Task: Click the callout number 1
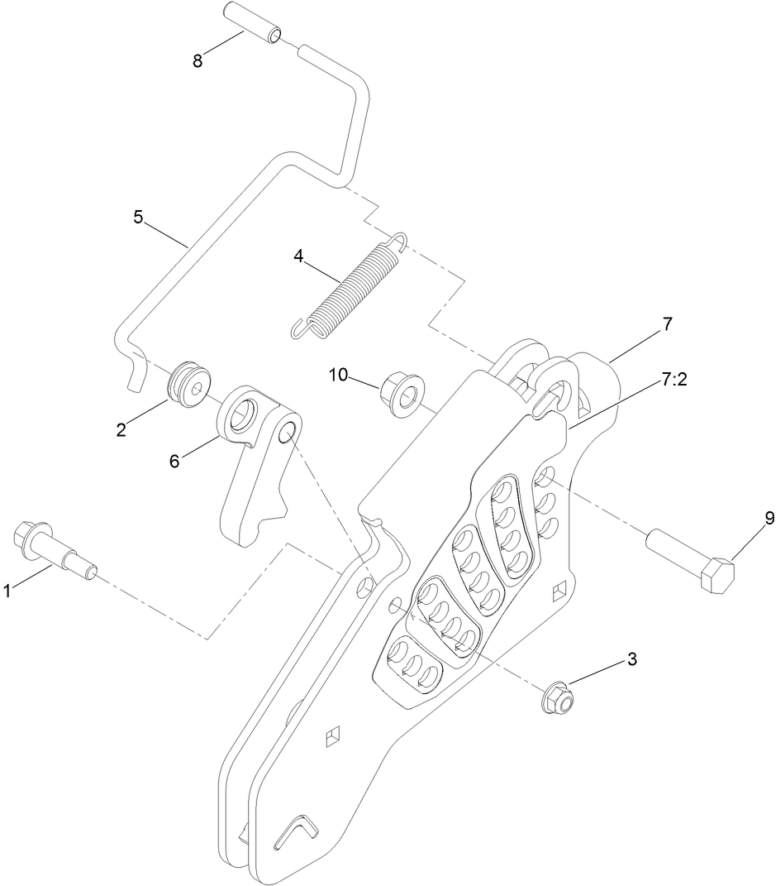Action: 7,591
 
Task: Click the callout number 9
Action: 769,519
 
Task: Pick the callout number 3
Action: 632,659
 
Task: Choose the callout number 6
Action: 174,461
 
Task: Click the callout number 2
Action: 120,428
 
